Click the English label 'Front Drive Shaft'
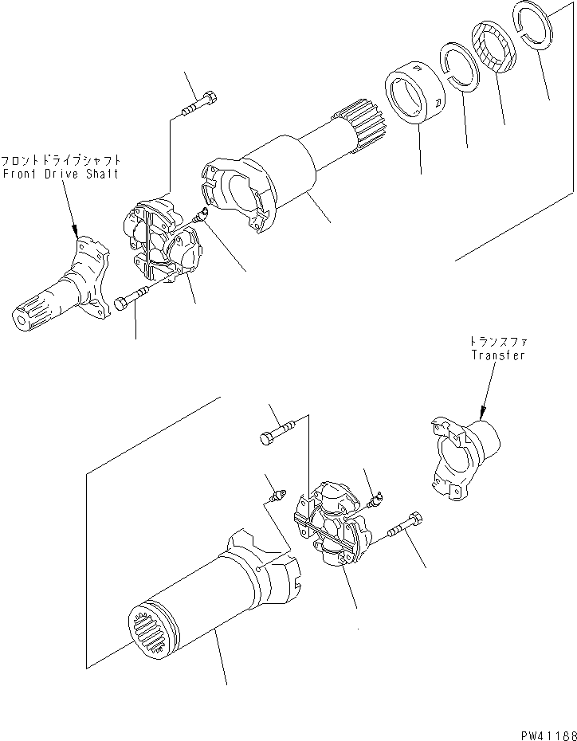click(60, 174)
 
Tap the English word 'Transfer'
click(497, 355)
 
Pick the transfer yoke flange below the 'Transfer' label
click(462, 458)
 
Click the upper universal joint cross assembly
click(163, 243)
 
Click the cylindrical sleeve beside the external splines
click(416, 99)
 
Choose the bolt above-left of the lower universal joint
click(277, 433)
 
